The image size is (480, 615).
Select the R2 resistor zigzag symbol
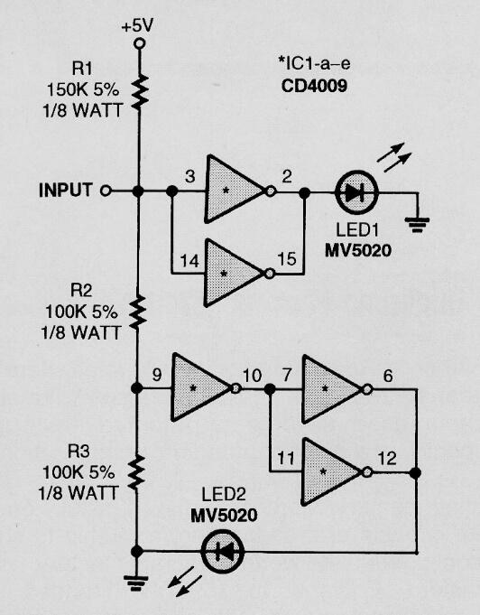click(x=137, y=310)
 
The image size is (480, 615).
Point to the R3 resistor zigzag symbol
click(x=137, y=471)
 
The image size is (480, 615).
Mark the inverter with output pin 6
click(x=333, y=388)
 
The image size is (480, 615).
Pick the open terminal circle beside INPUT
click(x=106, y=191)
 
